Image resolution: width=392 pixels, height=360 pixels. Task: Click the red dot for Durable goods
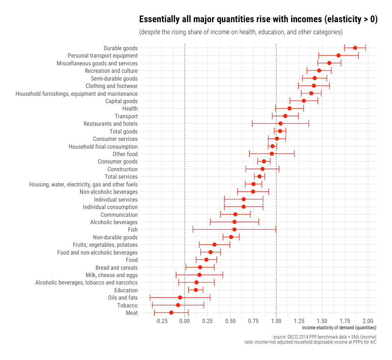point(355,48)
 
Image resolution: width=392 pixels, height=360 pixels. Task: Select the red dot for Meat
point(171,313)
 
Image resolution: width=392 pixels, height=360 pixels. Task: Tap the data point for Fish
point(234,229)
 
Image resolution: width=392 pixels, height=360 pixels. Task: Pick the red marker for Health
point(289,108)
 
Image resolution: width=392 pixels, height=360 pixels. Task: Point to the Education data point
point(196,290)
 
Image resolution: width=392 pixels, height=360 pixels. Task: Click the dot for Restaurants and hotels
point(280,123)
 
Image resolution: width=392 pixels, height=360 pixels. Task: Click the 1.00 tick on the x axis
point(276,321)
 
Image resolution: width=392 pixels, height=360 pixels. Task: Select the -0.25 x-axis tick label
point(162,321)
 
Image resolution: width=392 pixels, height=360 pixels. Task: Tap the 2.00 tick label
point(368,321)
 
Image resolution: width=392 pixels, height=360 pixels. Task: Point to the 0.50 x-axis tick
point(230,321)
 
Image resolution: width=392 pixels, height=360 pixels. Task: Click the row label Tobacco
point(127,305)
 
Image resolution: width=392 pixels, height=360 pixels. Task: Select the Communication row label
point(119,214)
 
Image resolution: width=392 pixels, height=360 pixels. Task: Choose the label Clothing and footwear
point(111,86)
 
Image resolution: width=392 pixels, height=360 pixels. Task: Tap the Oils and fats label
point(123,298)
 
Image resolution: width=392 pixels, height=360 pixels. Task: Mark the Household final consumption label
point(103,146)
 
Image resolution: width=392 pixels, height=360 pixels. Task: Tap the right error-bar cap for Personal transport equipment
point(358,56)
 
